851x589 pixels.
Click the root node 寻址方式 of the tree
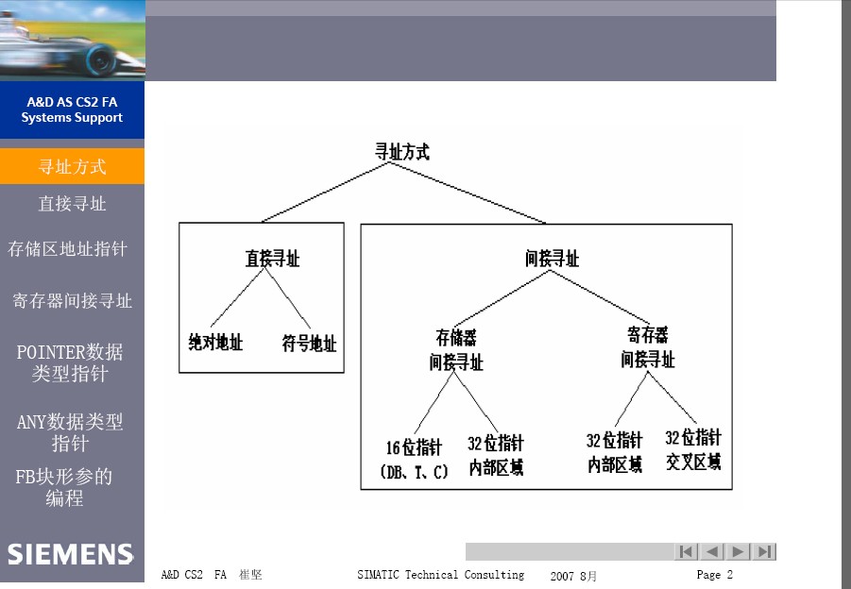402,152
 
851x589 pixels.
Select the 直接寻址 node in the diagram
272,259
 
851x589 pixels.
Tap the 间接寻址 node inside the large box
552,259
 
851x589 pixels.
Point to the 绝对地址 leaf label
215,343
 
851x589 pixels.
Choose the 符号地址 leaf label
310,344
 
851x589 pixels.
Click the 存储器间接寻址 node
456,350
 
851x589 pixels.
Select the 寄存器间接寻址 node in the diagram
648,347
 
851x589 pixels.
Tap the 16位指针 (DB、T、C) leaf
414,460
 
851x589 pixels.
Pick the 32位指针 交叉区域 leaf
693,449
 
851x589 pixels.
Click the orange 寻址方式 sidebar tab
72,166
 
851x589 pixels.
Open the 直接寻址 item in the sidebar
72,204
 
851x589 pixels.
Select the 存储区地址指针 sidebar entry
67,249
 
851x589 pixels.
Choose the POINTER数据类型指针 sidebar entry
70,362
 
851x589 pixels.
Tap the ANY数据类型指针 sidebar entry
70,432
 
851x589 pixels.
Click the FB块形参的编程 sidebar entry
64,487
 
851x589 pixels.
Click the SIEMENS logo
70,554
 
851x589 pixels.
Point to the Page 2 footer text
715,574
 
